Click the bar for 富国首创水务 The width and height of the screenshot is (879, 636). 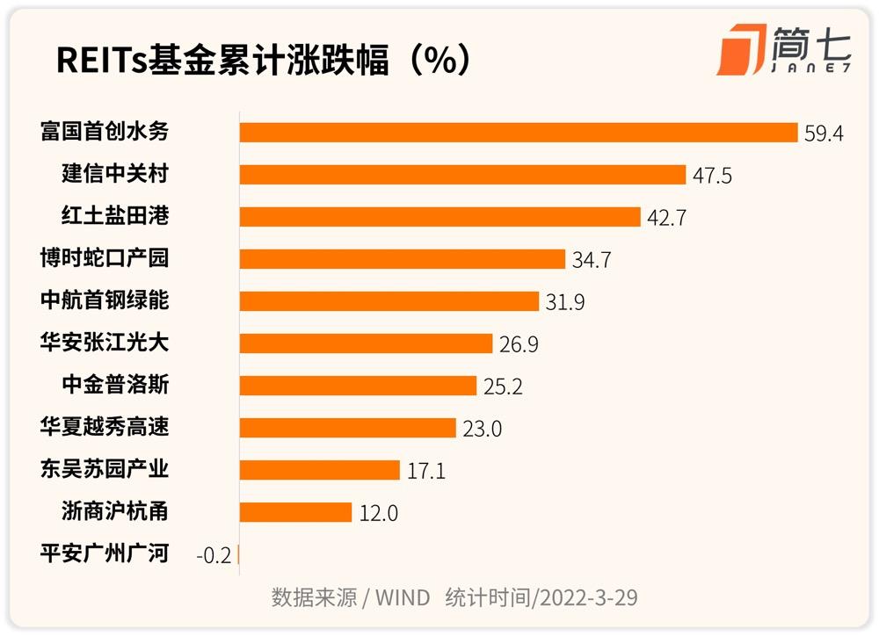click(x=519, y=132)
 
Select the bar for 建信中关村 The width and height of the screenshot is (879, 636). click(x=462, y=174)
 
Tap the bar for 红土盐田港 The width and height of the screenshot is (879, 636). click(x=439, y=216)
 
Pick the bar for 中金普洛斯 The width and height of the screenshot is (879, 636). click(x=358, y=385)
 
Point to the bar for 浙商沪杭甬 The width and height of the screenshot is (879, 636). click(x=295, y=511)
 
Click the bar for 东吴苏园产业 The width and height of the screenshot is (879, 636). click(x=319, y=469)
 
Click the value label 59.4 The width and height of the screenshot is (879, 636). click(x=824, y=133)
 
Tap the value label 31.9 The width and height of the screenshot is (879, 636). click(x=565, y=301)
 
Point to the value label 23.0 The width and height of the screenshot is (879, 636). click(x=483, y=428)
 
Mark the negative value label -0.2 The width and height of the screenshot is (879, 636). click(x=213, y=554)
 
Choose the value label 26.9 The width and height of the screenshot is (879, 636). click(x=519, y=343)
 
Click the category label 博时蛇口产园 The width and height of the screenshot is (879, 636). click(x=105, y=258)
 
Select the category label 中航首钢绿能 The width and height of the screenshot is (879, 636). click(x=105, y=300)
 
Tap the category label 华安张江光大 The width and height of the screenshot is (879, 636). click(x=105, y=343)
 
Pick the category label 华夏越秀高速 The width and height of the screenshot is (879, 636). click(x=105, y=427)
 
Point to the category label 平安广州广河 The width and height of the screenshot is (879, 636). click(x=105, y=553)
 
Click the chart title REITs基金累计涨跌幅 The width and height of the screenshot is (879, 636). click(x=264, y=61)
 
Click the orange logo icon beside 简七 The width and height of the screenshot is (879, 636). click(x=739, y=51)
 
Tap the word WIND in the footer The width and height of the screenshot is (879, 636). click(x=403, y=598)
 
